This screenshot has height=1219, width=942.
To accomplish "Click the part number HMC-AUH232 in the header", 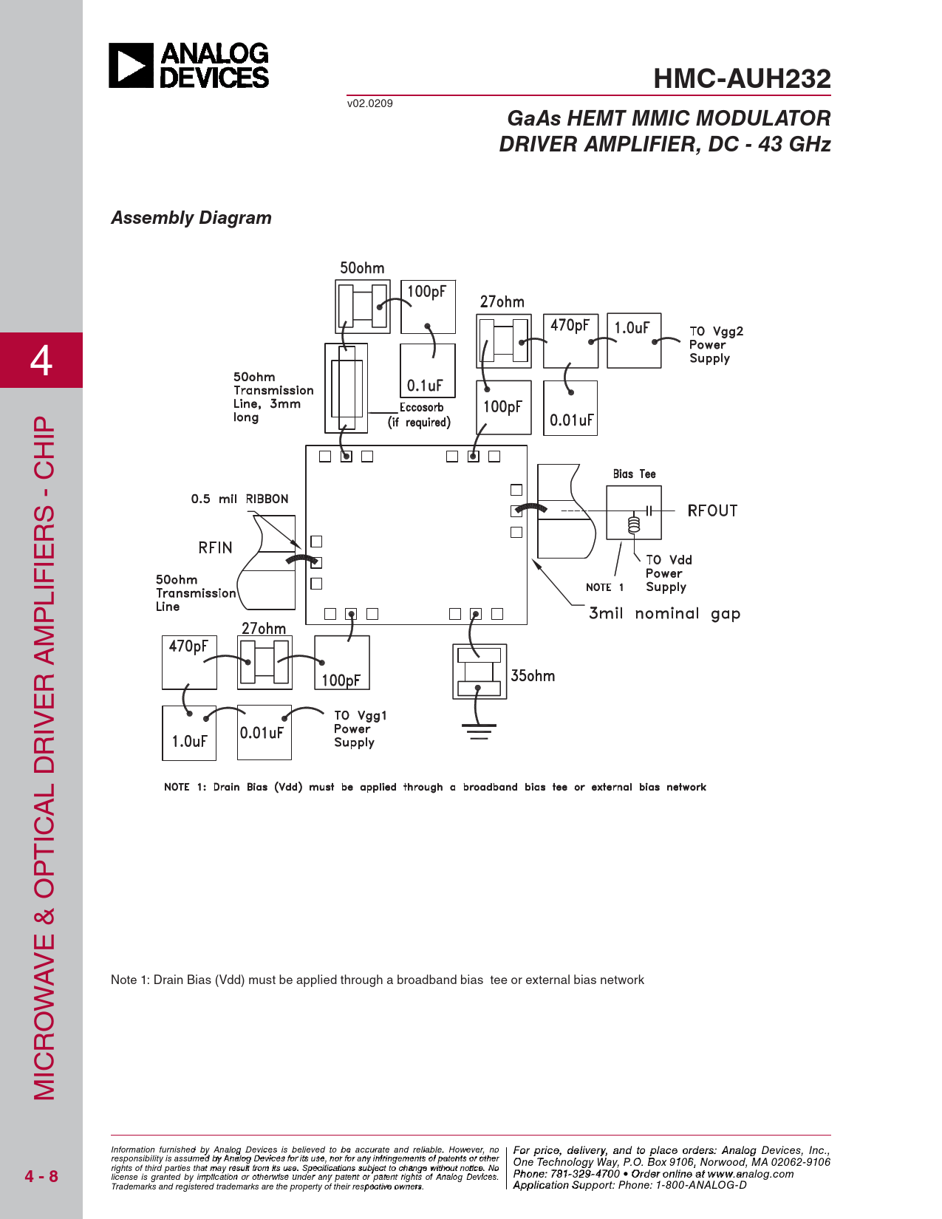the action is point(742,78).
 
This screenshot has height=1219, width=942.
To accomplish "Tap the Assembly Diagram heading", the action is point(191,218).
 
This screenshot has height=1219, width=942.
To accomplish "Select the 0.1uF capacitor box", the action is point(428,370).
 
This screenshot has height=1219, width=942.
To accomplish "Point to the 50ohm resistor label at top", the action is point(362,268).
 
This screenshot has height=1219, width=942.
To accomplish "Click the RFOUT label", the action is point(712,511).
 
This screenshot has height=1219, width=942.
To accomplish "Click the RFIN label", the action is point(215,547).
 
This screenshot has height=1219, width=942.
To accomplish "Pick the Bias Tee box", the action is point(634,513).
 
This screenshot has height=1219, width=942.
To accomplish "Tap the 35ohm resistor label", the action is point(533,675).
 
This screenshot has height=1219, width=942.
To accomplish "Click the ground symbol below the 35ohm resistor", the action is point(479,731).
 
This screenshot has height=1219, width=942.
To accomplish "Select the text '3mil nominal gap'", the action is point(664,614).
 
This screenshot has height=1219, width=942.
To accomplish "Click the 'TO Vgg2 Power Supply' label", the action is point(717,344).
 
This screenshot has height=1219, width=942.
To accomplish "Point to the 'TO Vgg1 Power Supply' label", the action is point(361,728).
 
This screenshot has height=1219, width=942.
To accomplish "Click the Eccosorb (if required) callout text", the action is point(419,414).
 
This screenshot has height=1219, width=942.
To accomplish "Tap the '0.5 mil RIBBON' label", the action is point(239,499).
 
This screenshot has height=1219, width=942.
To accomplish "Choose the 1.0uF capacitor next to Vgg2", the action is point(634,341).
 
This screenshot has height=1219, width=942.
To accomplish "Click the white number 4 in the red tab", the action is point(41,360).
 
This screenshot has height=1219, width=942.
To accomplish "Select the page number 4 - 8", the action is point(41,1176).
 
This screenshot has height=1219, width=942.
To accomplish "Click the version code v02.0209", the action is point(369,103).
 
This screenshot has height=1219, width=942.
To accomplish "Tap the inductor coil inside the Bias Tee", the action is point(634,524).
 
